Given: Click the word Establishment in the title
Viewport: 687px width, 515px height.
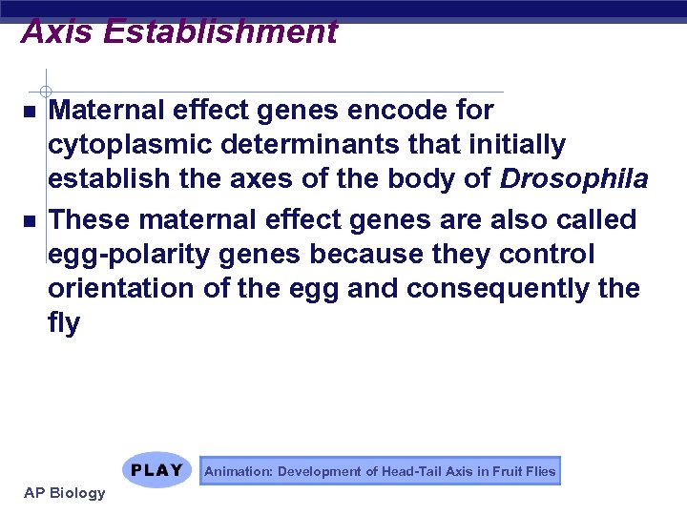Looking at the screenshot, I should (220, 31).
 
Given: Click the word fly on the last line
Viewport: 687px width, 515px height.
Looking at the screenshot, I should (64, 324).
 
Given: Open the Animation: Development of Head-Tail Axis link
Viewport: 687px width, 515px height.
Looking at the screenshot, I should (380, 471).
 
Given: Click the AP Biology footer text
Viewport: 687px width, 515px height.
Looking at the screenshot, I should (65, 493).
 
